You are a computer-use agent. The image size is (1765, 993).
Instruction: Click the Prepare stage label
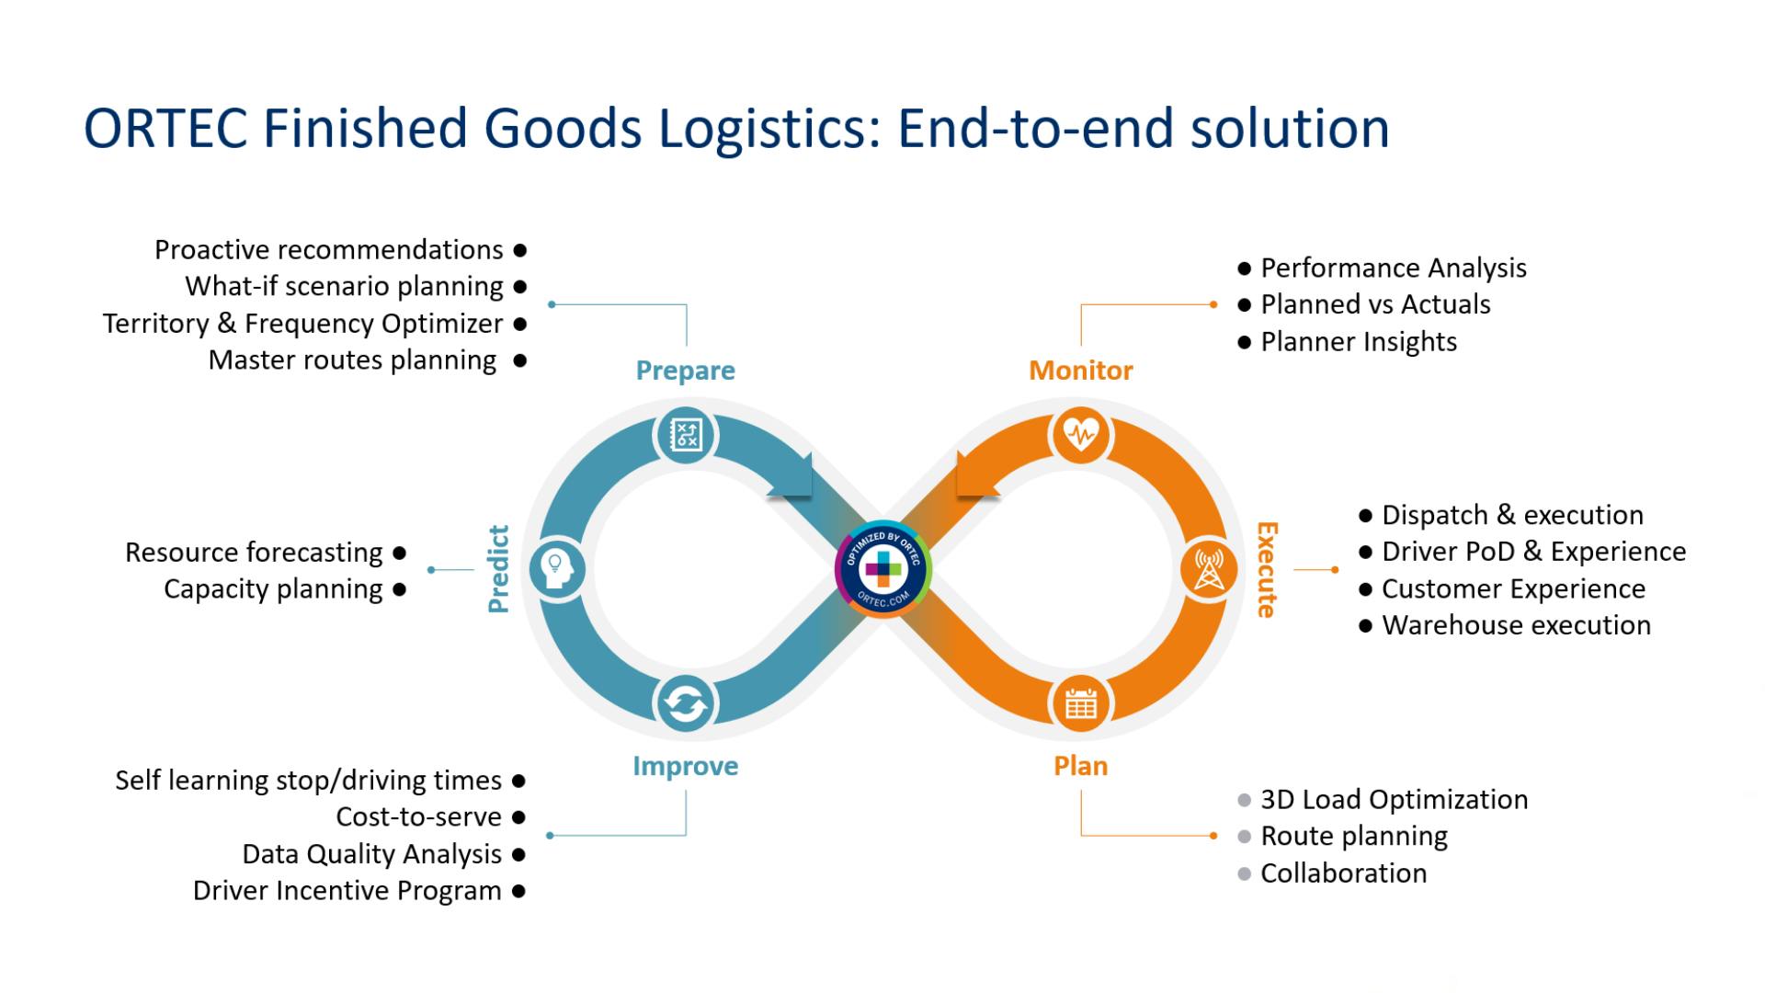[x=685, y=371]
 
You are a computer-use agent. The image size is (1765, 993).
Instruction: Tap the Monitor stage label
[x=1080, y=371]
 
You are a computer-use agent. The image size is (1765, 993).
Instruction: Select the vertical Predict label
[x=498, y=569]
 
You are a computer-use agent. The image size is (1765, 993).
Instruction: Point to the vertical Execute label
[x=1267, y=569]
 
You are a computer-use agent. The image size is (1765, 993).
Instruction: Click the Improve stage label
[x=685, y=766]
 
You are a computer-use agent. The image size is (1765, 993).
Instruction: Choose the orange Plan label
[x=1080, y=766]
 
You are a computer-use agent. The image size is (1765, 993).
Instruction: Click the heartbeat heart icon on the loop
[x=1081, y=434]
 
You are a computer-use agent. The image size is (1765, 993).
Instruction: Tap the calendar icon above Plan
[x=1080, y=704]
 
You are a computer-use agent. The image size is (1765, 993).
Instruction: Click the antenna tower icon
[x=1208, y=569]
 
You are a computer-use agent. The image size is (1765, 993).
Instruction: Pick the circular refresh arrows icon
[x=685, y=704]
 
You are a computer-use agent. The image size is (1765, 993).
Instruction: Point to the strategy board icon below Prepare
[x=686, y=434]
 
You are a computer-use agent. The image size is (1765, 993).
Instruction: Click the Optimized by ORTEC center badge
[x=882, y=569]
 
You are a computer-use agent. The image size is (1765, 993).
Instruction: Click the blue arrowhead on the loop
[x=792, y=476]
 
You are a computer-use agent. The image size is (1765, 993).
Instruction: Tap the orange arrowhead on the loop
[x=974, y=476]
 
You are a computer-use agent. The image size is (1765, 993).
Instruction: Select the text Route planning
[x=1353, y=836]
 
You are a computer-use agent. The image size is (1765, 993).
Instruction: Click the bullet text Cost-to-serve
[x=418, y=816]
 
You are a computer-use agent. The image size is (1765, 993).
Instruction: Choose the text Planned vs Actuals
[x=1375, y=304]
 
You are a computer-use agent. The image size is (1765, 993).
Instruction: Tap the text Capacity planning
[x=273, y=588]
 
